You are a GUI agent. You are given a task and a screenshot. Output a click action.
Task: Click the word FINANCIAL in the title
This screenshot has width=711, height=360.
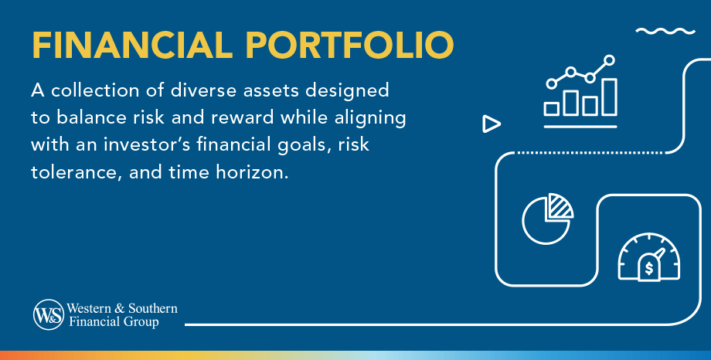point(132,46)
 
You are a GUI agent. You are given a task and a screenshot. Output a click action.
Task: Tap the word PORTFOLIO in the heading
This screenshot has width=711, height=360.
point(349,46)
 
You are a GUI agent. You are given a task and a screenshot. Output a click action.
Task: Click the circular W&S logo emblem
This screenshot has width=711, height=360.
point(49,314)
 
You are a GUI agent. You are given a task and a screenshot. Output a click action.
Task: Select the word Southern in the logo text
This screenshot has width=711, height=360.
point(153,308)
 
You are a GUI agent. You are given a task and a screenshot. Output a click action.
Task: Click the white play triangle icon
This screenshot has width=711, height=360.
point(491,124)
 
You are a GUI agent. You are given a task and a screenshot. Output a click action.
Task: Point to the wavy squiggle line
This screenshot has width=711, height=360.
point(665,31)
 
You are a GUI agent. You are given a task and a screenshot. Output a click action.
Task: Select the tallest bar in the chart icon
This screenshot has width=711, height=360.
point(610,97)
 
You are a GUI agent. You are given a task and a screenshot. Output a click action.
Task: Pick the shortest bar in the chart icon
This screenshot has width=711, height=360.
point(551,109)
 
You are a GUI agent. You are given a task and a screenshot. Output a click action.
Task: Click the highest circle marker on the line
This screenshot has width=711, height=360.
point(610,59)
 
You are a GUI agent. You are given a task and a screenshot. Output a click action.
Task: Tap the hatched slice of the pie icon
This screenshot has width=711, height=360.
point(560,207)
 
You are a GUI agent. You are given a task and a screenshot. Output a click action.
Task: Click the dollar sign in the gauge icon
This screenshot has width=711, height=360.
point(649,268)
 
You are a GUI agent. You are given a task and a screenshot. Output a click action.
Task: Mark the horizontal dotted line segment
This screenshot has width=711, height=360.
point(590,153)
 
